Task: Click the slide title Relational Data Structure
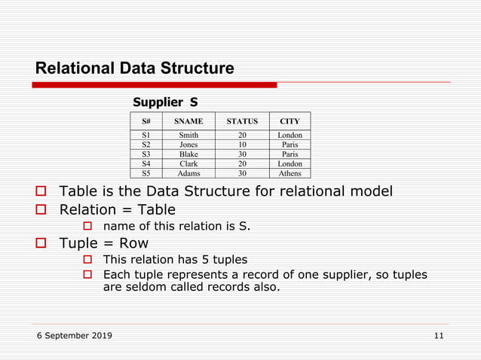[134, 69]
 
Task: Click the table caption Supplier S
[165, 102]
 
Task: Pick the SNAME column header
[188, 121]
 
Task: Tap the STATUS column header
[242, 121]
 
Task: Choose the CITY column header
[290, 121]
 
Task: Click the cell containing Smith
[188, 136]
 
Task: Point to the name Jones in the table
[188, 145]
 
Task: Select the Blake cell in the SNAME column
[188, 154]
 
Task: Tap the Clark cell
[188, 163]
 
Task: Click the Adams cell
[188, 172]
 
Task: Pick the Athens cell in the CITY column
[290, 172]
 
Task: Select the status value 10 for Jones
[242, 145]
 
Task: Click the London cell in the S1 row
[290, 136]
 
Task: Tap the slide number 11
[439, 335]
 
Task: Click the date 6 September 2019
[74, 335]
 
